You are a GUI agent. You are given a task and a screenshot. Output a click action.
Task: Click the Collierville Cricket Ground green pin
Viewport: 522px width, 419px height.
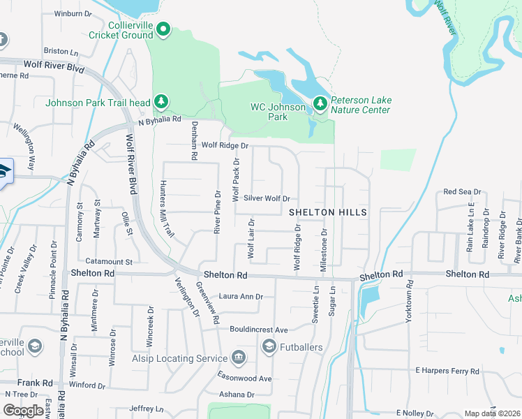coord(163,29)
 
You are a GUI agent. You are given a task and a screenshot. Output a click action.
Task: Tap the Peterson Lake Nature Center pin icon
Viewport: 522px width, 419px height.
coord(320,103)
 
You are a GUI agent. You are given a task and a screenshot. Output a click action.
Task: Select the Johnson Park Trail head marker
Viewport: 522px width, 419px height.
coord(161,102)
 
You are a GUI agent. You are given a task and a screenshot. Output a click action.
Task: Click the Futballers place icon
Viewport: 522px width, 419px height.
coord(269,346)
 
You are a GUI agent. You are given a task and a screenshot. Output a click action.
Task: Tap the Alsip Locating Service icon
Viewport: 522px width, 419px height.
coord(238,358)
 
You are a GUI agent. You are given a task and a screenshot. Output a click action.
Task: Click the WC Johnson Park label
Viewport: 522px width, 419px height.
coord(278,112)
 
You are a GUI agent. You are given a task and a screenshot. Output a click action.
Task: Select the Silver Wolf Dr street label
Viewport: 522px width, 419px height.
coord(266,199)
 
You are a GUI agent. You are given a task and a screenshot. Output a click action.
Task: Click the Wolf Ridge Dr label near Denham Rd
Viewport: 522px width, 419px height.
coord(225,145)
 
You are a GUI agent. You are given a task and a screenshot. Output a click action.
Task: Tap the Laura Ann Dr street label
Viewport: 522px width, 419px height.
coord(241,296)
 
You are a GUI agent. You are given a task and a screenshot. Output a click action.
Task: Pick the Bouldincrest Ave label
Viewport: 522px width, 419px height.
coord(259,330)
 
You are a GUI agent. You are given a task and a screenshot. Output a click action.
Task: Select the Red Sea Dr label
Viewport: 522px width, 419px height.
coord(461,192)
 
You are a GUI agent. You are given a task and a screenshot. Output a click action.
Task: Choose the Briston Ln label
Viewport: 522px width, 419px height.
coord(61,51)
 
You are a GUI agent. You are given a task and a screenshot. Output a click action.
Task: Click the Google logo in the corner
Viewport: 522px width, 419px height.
coord(24,411)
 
